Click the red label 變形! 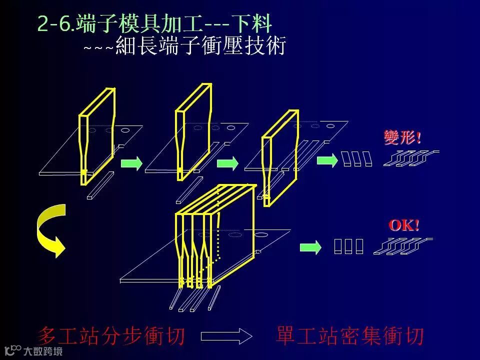pos(402,137)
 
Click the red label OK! pos(404,225)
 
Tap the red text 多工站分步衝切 pos(111,336)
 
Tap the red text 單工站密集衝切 pos(349,336)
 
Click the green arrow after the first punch pos(131,163)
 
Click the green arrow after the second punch pos(227,163)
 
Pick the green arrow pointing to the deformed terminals pos(327,160)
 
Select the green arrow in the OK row pos(310,247)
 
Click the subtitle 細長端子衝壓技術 pos(200,46)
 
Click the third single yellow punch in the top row pos(280,155)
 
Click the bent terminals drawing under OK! pos(403,245)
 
